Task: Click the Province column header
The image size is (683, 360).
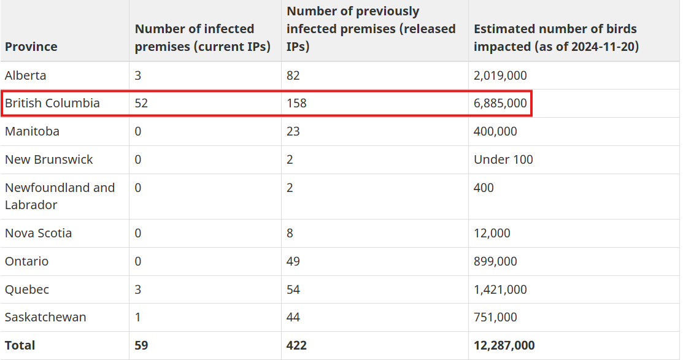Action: pyautogui.click(x=31, y=47)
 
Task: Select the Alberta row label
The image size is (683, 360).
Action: pyautogui.click(x=25, y=75)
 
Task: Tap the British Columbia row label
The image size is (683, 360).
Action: pyautogui.click(x=52, y=103)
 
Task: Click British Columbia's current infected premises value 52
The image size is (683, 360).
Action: pyautogui.click(x=141, y=103)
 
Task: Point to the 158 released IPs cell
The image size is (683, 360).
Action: pyautogui.click(x=296, y=103)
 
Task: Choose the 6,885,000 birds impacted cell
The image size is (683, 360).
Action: pyautogui.click(x=500, y=103)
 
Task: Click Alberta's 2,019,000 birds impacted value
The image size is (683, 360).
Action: pyautogui.click(x=500, y=75)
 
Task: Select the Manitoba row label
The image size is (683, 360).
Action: pyautogui.click(x=32, y=131)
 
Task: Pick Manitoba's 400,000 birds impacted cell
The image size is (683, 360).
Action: pyautogui.click(x=495, y=131)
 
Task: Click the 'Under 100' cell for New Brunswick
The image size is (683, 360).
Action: pyautogui.click(x=503, y=159)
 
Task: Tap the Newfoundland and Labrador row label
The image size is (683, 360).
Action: pyautogui.click(x=60, y=196)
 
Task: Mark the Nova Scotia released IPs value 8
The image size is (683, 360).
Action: pyautogui.click(x=290, y=233)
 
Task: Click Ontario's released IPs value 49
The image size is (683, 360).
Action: pyautogui.click(x=293, y=261)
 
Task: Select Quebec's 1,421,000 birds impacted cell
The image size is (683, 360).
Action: pyautogui.click(x=500, y=289)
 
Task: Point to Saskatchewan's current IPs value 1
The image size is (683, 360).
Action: pyautogui.click(x=137, y=317)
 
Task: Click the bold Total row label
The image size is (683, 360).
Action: pyautogui.click(x=20, y=345)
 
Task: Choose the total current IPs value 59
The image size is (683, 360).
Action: pyautogui.click(x=141, y=345)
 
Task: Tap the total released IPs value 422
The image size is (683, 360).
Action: pyautogui.click(x=296, y=345)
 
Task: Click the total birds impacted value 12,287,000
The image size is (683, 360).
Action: pyautogui.click(x=504, y=345)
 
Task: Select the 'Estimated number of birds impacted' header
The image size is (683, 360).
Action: pyautogui.click(x=556, y=37)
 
